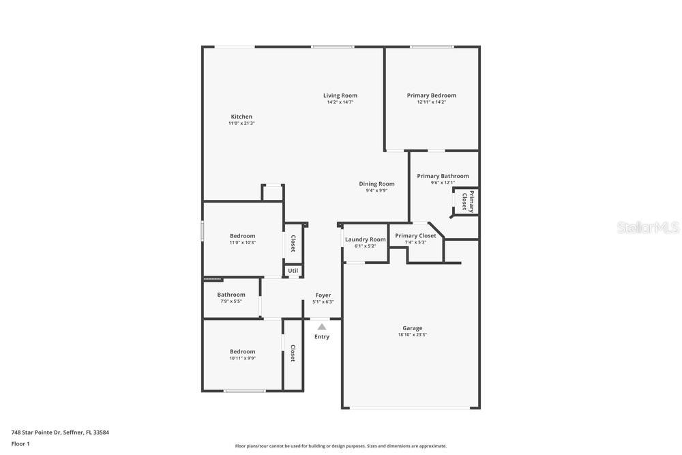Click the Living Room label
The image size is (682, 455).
tap(340, 96)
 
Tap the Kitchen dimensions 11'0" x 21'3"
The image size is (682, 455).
tap(241, 123)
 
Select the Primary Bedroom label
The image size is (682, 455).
tap(432, 96)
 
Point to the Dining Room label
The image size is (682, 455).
tap(376, 184)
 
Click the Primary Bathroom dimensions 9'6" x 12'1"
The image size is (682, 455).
tap(443, 183)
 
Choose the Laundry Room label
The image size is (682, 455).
tap(366, 239)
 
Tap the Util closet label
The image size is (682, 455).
tap(293, 271)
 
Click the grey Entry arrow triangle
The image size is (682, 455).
tap(321, 327)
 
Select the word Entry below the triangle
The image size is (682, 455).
tap(322, 337)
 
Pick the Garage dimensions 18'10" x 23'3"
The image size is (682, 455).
tap(413, 334)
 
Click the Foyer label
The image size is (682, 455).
tap(323, 295)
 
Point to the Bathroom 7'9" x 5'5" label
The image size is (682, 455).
tap(231, 297)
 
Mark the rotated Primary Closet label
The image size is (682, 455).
tap(468, 201)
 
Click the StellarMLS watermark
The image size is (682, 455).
tap(648, 227)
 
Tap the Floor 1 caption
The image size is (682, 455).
tap(20, 443)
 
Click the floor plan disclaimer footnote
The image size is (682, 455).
tap(340, 446)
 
